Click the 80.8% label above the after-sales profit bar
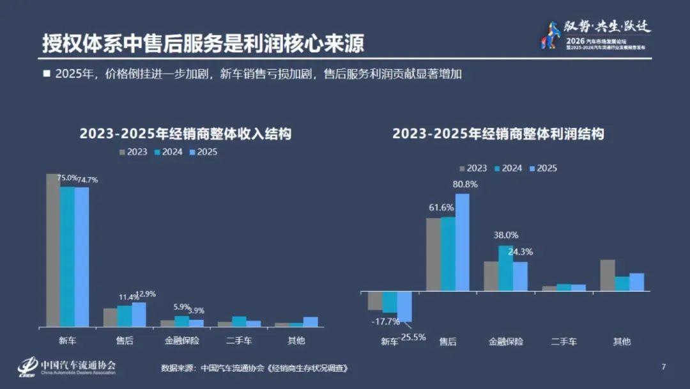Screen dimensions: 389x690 pos(465,184)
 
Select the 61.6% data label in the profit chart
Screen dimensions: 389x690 pos(441,207)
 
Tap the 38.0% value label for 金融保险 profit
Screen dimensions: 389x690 pos(506,235)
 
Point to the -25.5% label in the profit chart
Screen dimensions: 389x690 pos(413,337)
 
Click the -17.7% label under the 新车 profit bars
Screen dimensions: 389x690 pos(385,321)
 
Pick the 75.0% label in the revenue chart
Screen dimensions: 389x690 pos(67,179)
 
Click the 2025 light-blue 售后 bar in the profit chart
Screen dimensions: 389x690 pos(462,242)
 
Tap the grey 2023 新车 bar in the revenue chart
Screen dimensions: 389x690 pos(53,250)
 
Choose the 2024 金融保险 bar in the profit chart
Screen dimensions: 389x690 pos(505,269)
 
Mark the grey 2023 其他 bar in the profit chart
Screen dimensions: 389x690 pos(608,276)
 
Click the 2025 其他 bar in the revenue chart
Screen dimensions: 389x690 pos(310,322)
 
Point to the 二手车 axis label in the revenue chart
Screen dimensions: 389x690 pos(239,340)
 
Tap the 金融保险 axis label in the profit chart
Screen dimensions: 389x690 pos(505,341)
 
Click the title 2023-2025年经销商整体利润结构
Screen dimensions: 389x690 pos(498,134)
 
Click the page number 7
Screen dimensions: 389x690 pos(663,367)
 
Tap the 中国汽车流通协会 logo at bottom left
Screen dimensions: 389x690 pos(66,367)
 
